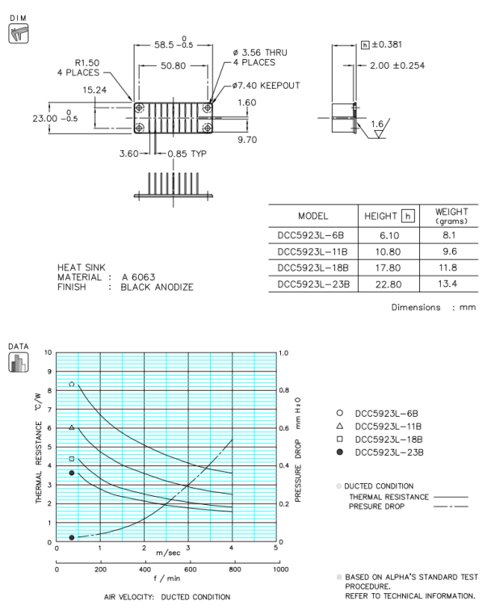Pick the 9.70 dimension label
pyautogui.click(x=247, y=139)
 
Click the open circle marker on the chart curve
pyautogui.click(x=72, y=385)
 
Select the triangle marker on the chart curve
pyautogui.click(x=72, y=427)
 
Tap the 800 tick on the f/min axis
pyautogui.click(x=235, y=569)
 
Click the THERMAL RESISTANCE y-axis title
pyautogui.click(x=38, y=442)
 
